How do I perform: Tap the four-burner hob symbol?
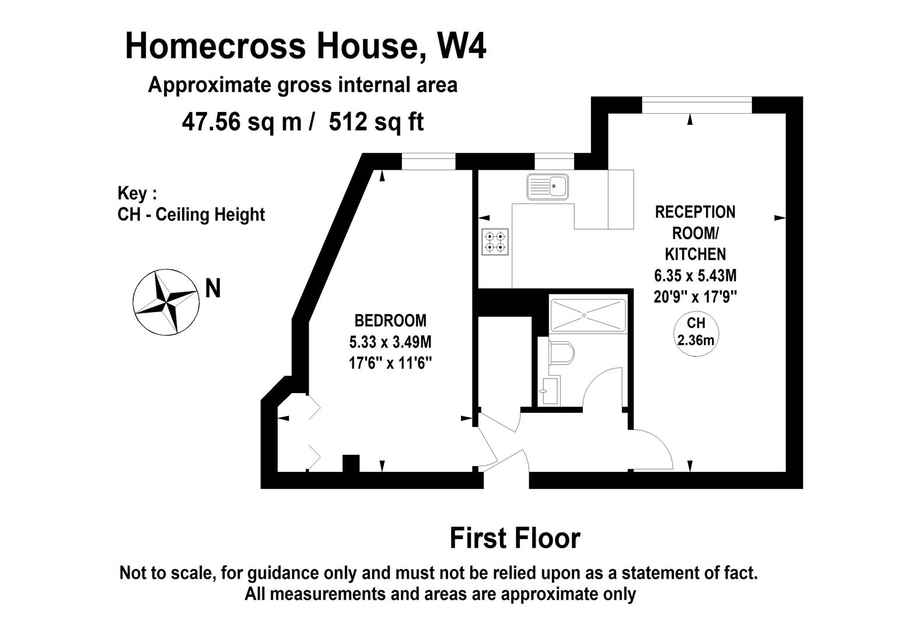[x=495, y=242]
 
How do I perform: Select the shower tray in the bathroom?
[x=587, y=315]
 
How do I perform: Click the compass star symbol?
[x=166, y=303]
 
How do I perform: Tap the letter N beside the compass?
[x=213, y=289]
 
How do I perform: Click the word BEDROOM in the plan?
[x=390, y=320]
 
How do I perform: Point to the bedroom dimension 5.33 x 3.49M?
[x=390, y=342]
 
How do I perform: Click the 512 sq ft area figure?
[x=376, y=123]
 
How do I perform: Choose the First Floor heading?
[x=515, y=538]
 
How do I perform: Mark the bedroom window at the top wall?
[x=428, y=162]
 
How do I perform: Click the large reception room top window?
[x=697, y=105]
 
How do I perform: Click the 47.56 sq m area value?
[x=242, y=123]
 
